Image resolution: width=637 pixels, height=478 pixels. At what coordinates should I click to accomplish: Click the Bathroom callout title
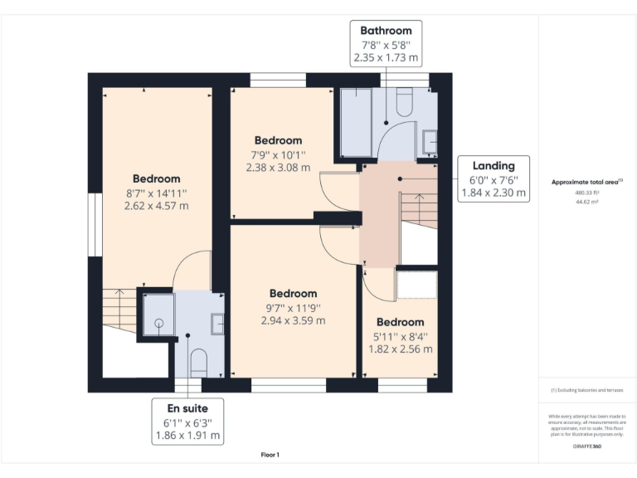point(387,30)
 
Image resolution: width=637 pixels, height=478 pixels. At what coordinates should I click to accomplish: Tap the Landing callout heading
point(494,165)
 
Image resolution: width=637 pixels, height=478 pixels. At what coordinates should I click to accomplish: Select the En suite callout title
point(187,407)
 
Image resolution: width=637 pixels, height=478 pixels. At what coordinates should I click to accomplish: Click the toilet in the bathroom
point(405,102)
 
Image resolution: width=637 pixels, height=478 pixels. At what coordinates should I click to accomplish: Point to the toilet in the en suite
point(198,361)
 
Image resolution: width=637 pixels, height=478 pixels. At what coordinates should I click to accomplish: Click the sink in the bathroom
point(430,142)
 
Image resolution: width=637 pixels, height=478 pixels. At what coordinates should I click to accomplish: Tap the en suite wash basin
point(217,323)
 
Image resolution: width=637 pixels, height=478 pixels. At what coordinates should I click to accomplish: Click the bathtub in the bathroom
point(356,122)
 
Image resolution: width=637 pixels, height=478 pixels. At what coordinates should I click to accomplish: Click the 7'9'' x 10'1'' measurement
point(278,154)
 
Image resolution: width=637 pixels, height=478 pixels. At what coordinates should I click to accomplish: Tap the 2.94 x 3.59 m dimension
point(293,320)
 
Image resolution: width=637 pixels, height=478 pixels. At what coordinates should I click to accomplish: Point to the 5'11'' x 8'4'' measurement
point(401,336)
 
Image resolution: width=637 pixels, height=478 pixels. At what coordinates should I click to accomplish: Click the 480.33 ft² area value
point(586,192)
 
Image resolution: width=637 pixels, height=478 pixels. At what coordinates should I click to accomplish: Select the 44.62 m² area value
point(586,200)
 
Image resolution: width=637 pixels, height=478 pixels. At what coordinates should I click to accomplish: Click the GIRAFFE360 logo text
point(586,446)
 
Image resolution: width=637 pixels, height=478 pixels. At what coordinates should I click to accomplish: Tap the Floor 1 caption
point(270,455)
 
